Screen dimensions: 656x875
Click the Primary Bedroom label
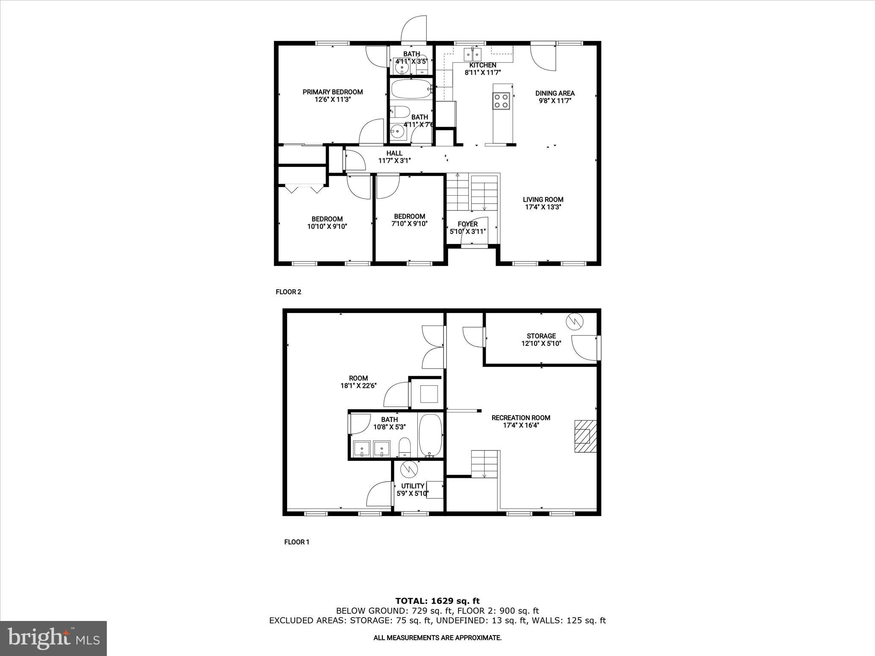[x=332, y=92]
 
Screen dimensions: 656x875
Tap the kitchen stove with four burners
[x=502, y=101]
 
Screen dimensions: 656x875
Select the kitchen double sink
[x=473, y=55]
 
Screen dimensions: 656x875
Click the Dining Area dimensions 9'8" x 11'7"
[x=555, y=101]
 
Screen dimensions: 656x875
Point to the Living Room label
[x=543, y=199]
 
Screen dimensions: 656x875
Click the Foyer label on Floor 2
[x=467, y=224]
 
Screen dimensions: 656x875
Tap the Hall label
[x=394, y=153]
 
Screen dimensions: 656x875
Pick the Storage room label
[x=541, y=336]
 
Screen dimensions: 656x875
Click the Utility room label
[x=412, y=486]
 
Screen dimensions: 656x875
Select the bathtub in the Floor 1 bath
[x=430, y=435]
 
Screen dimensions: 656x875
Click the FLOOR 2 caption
[x=288, y=292]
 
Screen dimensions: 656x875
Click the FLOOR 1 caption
[x=297, y=542]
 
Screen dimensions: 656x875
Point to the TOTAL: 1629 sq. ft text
[x=437, y=601]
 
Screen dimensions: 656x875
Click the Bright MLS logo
[x=53, y=638]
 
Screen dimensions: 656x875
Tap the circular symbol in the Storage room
[x=575, y=322]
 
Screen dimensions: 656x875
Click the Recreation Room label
[x=520, y=418]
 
